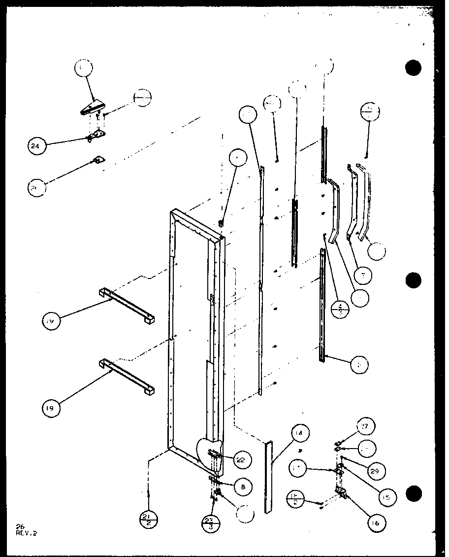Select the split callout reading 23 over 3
click(210, 523)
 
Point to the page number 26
click(19, 527)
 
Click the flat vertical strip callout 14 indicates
click(268, 476)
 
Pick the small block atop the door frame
click(222, 225)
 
